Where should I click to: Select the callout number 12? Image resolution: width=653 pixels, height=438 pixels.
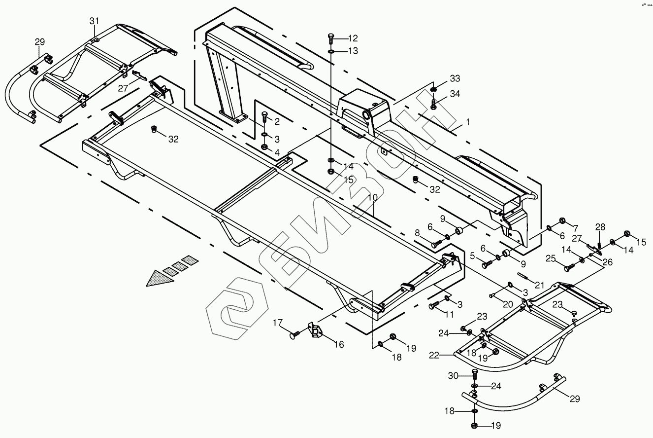pyautogui.click(x=353, y=38)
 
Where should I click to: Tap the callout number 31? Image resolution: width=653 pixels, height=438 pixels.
pyautogui.click(x=94, y=21)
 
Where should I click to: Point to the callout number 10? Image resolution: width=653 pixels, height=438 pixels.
pyautogui.click(x=373, y=197)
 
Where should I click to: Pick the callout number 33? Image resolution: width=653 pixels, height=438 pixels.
pyautogui.click(x=455, y=79)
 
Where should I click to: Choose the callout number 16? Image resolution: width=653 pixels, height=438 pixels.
pyautogui.click(x=339, y=344)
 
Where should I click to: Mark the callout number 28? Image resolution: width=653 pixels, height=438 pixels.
pyautogui.click(x=600, y=227)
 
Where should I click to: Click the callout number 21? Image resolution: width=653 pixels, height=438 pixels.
pyautogui.click(x=540, y=285)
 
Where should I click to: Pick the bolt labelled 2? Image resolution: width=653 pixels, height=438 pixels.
pyautogui.click(x=263, y=118)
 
